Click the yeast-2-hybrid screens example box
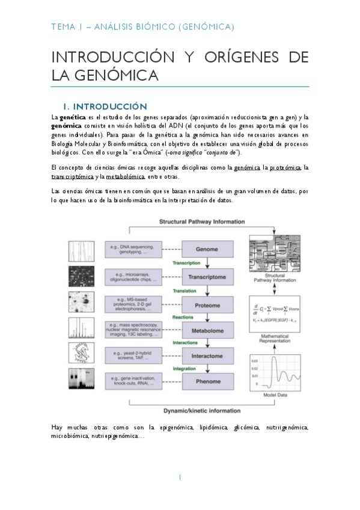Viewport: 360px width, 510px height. point(133,355)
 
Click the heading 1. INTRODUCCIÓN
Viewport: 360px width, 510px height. point(109,106)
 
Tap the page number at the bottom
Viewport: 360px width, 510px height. point(180,478)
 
